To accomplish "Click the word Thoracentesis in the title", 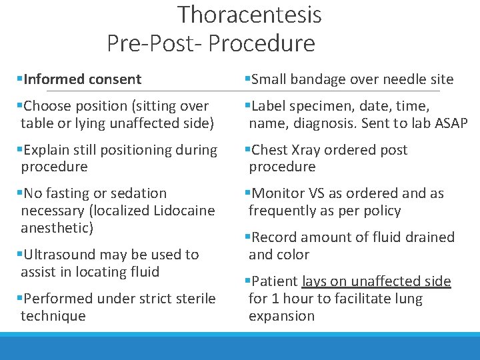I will click(249, 15).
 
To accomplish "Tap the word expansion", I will click(281, 316).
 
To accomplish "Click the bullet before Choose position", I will click(19, 106).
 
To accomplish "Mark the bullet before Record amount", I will click(247, 237).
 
